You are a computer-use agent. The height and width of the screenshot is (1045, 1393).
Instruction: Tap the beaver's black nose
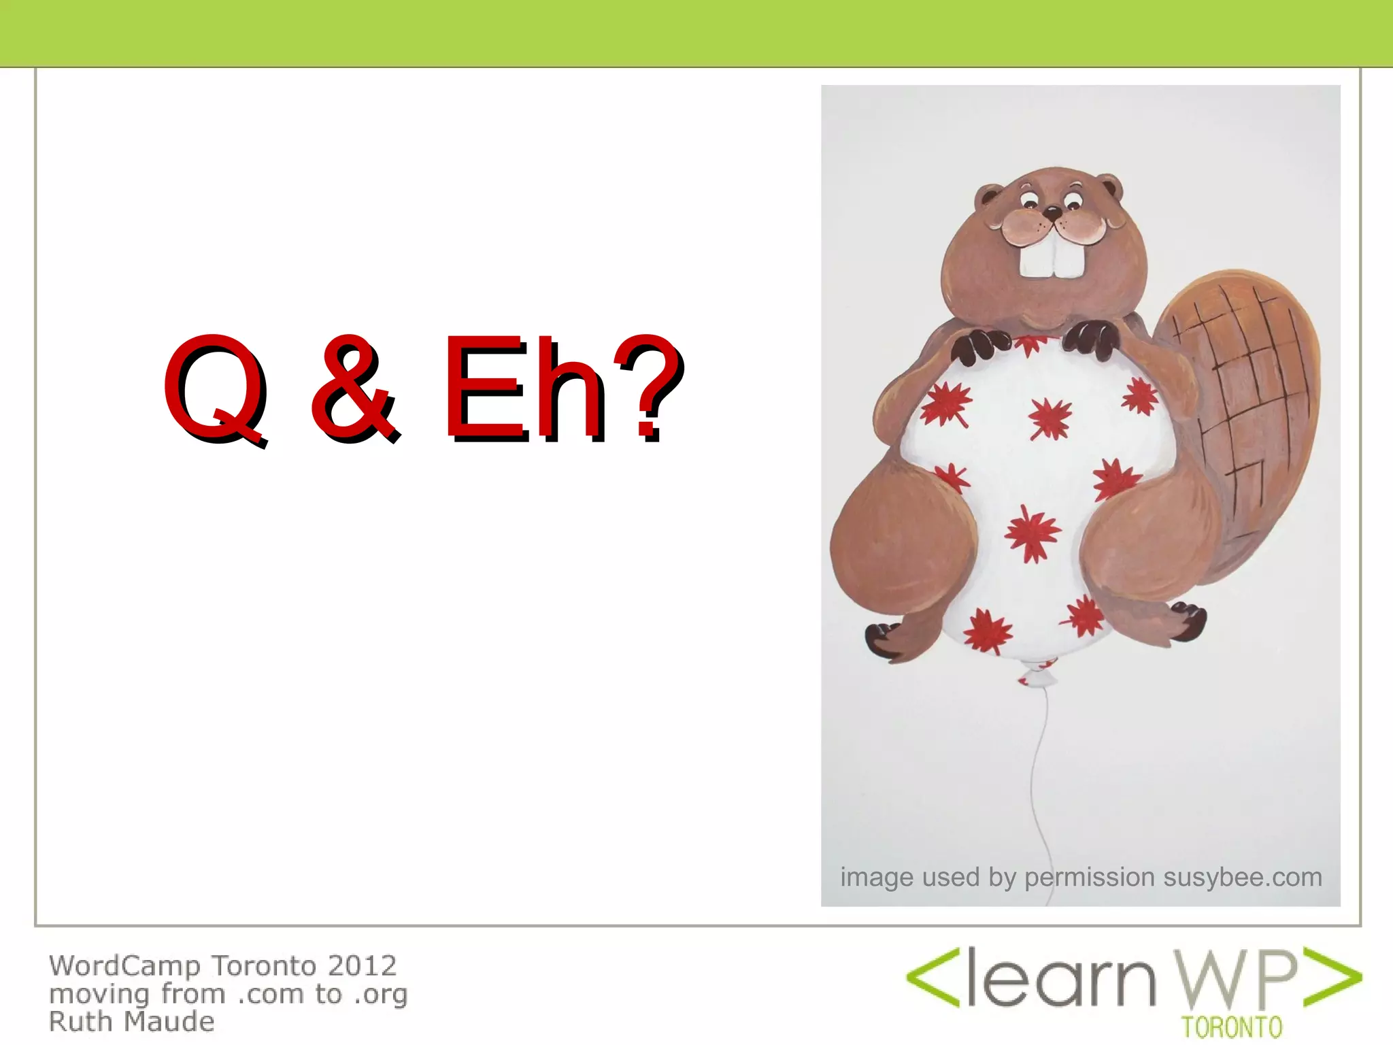1052,213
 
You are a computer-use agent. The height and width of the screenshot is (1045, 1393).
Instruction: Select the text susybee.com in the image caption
1243,877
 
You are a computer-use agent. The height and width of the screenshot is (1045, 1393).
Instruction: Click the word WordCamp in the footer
124,966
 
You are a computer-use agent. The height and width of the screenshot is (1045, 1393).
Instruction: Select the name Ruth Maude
132,1022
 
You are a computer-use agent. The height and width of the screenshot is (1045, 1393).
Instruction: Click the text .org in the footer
380,994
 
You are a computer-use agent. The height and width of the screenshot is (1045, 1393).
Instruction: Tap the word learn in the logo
1061,980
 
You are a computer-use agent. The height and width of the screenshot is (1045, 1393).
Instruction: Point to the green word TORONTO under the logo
1232,1027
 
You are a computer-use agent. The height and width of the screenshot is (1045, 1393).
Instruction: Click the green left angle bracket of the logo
933,978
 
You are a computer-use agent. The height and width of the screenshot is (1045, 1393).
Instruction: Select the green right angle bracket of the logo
1333,978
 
